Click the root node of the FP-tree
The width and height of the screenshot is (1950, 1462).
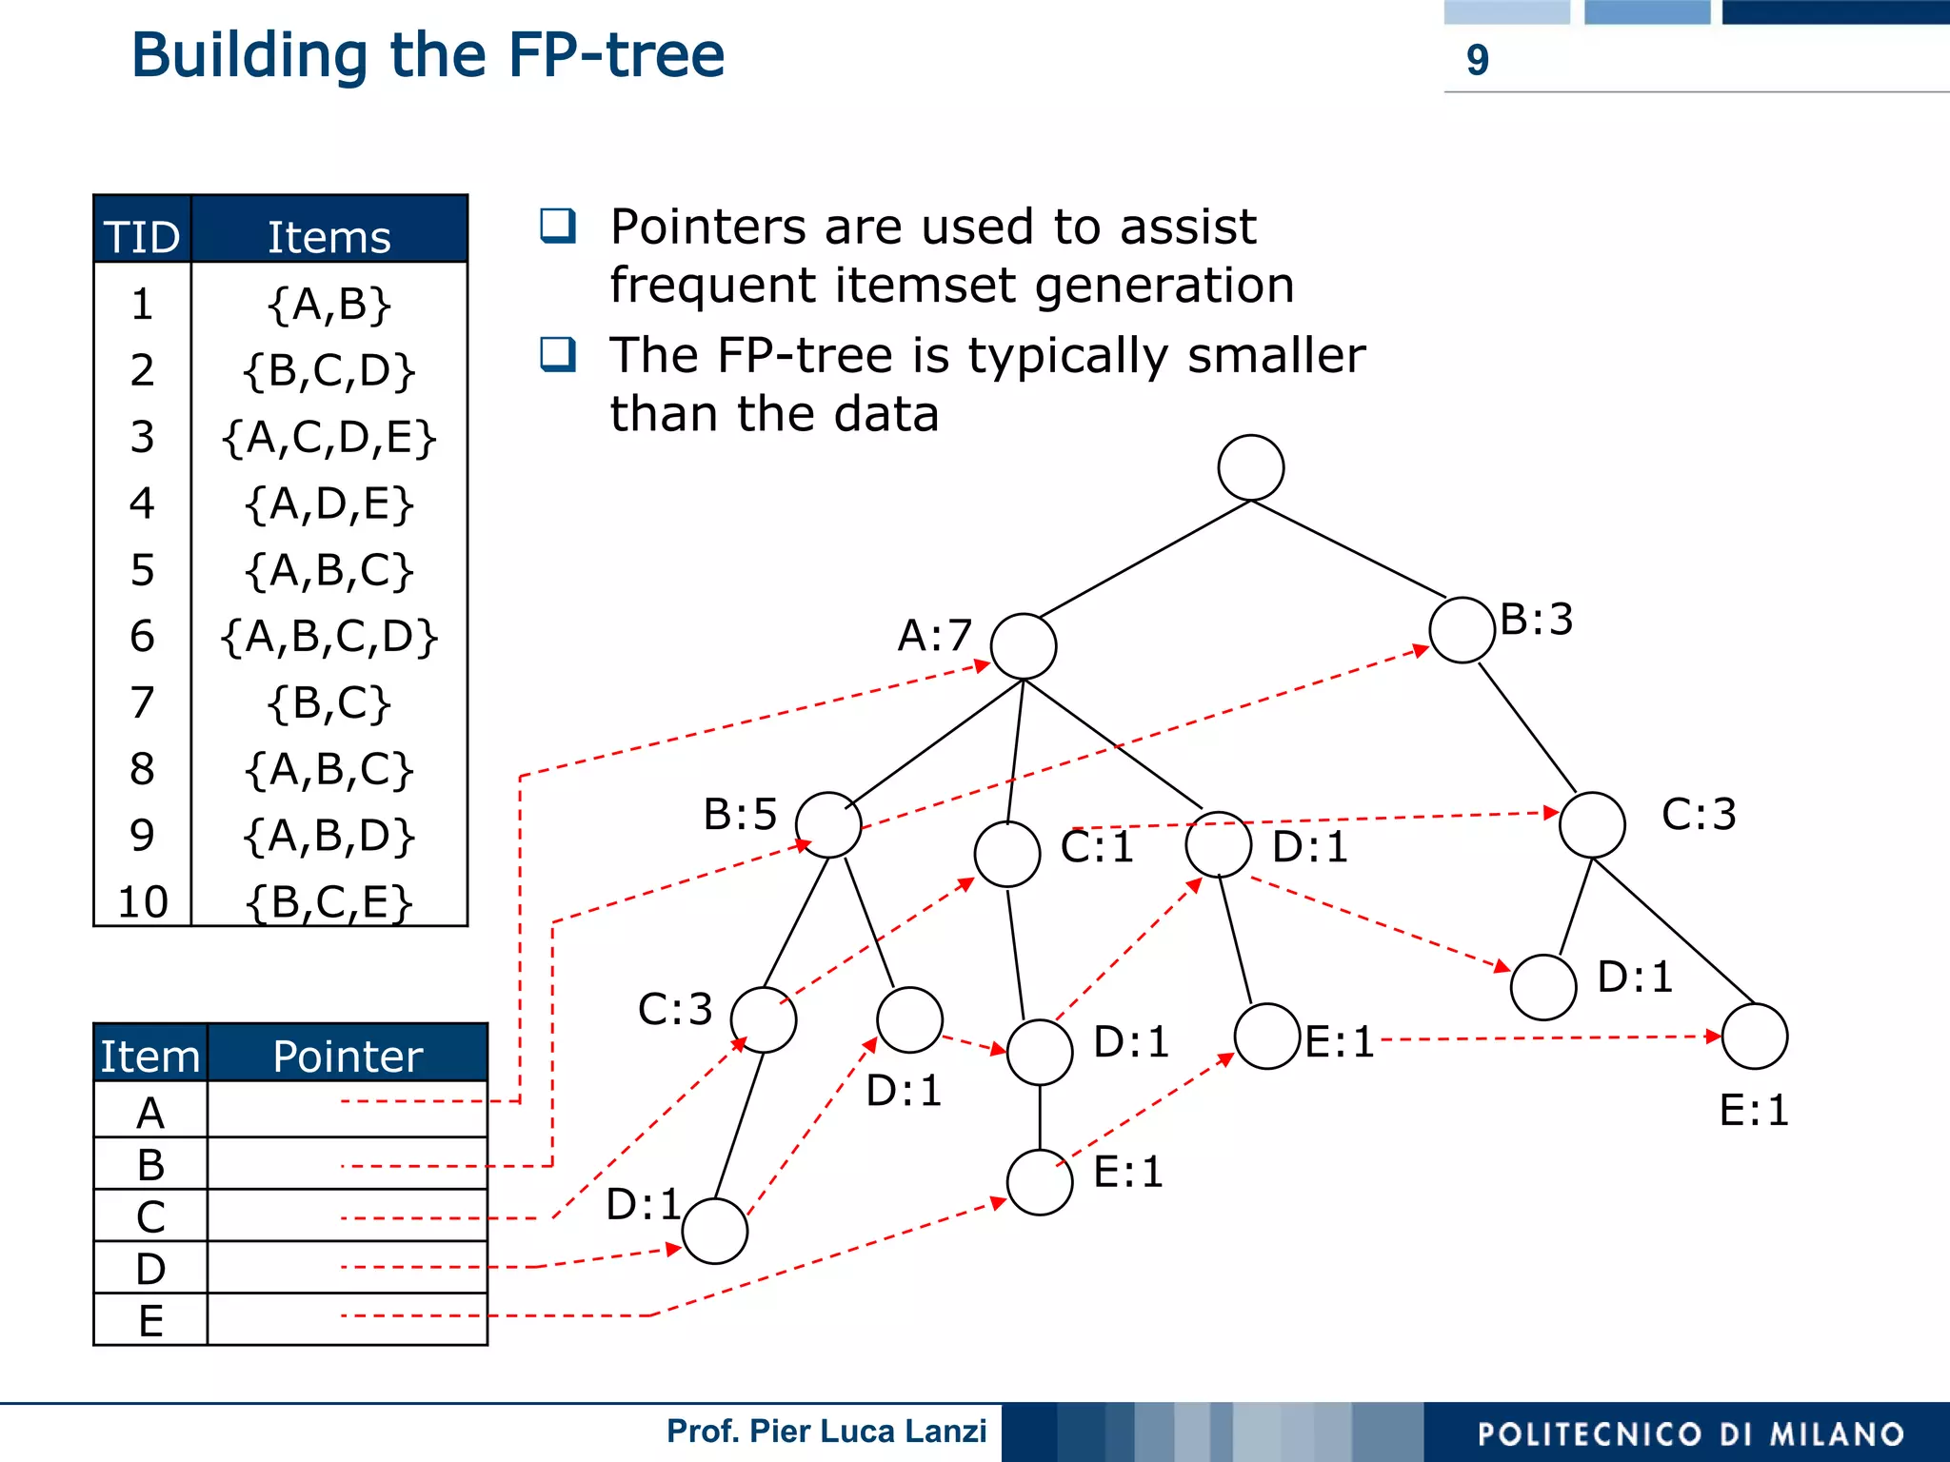tap(1250, 467)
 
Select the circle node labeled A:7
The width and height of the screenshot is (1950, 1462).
tap(1024, 646)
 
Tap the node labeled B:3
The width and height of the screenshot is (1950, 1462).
tap(1462, 629)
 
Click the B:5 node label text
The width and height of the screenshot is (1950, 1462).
tap(740, 815)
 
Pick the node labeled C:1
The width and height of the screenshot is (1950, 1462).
tap(1007, 854)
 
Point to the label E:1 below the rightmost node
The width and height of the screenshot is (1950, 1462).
tap(1754, 1111)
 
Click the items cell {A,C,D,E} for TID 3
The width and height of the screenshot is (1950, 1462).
tap(328, 437)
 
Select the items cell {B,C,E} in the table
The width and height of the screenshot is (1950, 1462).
tap(328, 901)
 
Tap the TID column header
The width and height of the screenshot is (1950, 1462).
tap(142, 235)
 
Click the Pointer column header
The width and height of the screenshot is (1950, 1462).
tap(348, 1056)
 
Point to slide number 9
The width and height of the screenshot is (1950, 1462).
tap(1477, 60)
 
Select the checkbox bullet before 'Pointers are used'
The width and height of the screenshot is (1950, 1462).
tap(558, 226)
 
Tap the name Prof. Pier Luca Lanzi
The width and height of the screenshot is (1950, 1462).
tap(826, 1432)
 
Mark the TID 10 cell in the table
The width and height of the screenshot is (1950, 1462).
tap(142, 901)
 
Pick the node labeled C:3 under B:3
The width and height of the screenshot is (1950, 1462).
tap(1592, 824)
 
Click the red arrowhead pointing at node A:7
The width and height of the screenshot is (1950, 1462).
tap(983, 665)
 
